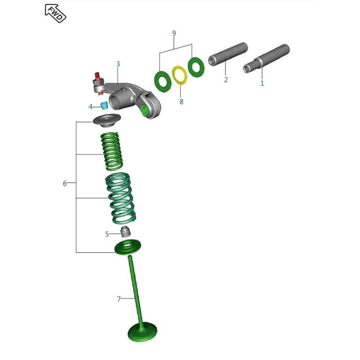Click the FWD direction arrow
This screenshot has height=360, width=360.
click(55, 13)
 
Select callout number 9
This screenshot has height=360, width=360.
click(174, 33)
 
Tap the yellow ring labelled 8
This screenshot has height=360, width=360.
click(180, 75)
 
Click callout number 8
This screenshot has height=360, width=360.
click(181, 102)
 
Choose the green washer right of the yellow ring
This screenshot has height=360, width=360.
click(196, 67)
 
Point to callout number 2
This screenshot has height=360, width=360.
click(226, 80)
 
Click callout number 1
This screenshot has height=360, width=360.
click(262, 83)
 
